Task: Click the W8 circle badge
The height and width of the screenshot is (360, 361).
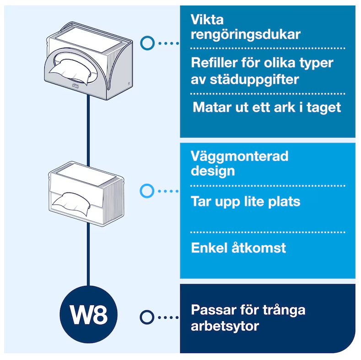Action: pos(88,315)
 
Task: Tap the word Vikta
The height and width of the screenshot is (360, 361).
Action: pos(207,20)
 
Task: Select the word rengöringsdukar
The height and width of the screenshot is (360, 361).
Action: pos(246,35)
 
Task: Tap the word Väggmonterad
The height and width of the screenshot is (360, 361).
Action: pos(239,156)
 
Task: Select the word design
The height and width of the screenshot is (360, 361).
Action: pos(212,171)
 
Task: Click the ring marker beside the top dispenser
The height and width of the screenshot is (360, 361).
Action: pos(147,43)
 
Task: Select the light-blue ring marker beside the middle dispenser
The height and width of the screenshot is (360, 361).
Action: pos(147,191)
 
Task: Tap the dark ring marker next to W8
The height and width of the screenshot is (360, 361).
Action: pos(147,317)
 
